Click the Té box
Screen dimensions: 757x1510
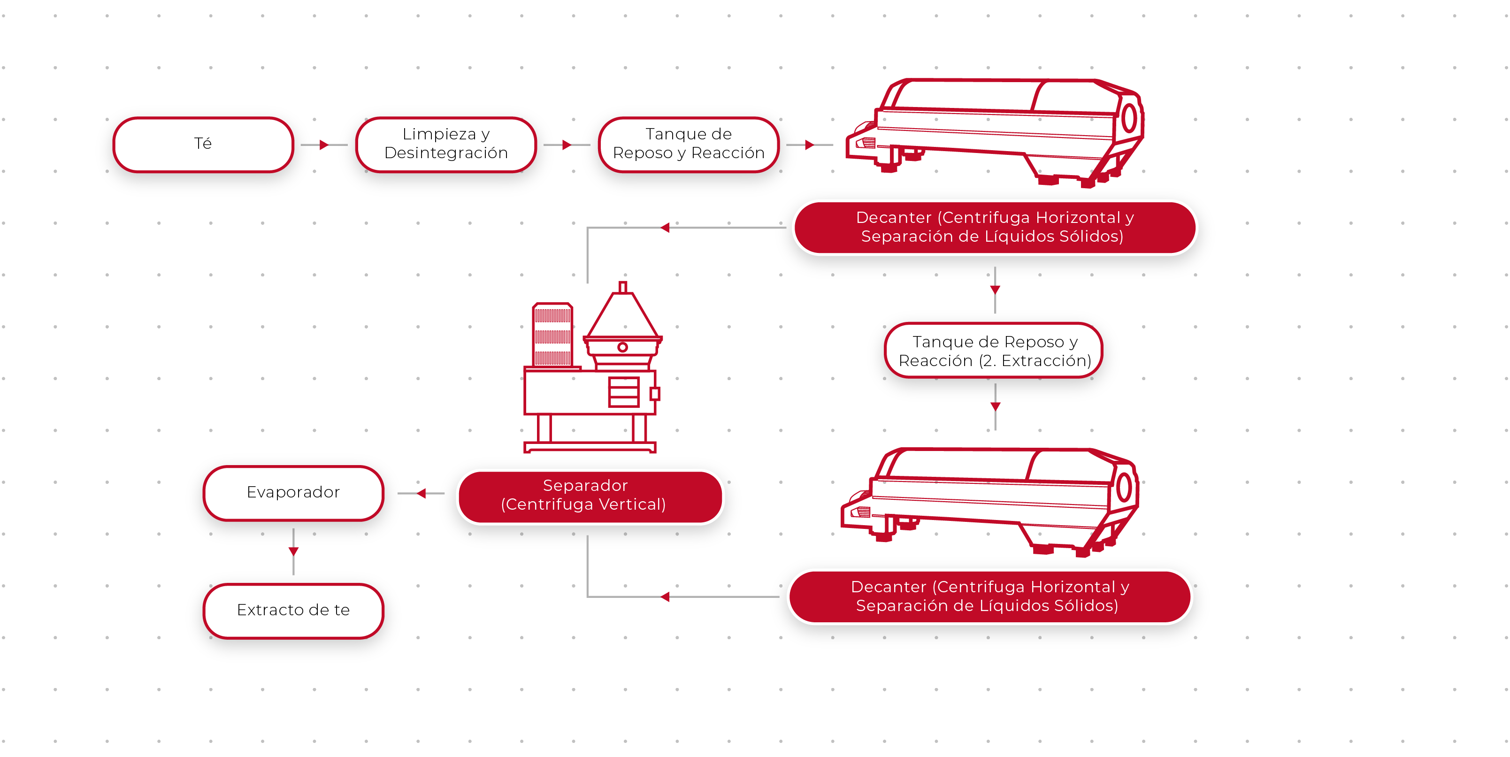(203, 144)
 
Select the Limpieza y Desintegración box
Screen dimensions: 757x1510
(445, 144)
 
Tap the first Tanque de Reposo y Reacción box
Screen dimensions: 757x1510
(688, 144)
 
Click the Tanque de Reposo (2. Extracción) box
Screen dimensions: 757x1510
(994, 351)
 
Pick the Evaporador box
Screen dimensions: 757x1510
(293, 492)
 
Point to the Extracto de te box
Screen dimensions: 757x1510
(293, 610)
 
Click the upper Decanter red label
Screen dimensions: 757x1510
(994, 227)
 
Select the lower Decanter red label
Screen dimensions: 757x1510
(989, 596)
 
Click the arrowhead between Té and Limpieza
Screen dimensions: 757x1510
(323, 145)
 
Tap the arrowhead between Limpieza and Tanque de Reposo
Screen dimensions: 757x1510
(566, 145)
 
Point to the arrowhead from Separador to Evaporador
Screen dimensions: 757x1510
(422, 493)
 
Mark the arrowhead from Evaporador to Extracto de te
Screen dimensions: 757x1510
(294, 551)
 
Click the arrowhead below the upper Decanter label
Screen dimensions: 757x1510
(995, 290)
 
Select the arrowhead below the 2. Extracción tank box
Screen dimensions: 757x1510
(995, 406)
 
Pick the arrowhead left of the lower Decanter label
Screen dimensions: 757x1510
(665, 596)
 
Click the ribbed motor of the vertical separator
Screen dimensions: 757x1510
(552, 335)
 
